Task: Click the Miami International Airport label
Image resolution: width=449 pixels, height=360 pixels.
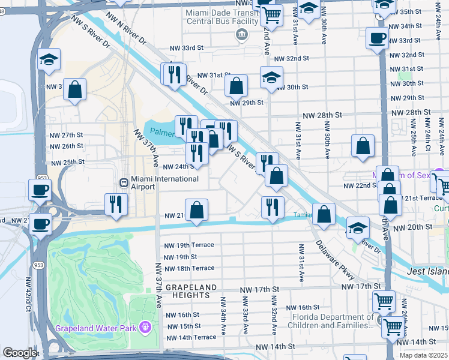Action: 155,182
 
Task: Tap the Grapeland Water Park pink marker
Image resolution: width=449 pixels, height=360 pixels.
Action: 145,328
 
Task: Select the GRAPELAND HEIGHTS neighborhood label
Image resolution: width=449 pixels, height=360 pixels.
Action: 191,293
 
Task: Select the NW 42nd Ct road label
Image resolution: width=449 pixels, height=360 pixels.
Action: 28,294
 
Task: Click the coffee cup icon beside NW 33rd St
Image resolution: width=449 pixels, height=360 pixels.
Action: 377,38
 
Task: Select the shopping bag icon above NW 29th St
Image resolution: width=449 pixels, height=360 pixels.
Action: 237,85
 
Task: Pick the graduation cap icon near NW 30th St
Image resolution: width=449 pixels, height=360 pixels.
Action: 271,77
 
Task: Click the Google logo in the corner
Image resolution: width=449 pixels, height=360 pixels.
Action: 19,353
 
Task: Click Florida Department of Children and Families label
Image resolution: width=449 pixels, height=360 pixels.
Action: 332,322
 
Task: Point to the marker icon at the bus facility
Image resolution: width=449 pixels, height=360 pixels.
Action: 241,34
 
